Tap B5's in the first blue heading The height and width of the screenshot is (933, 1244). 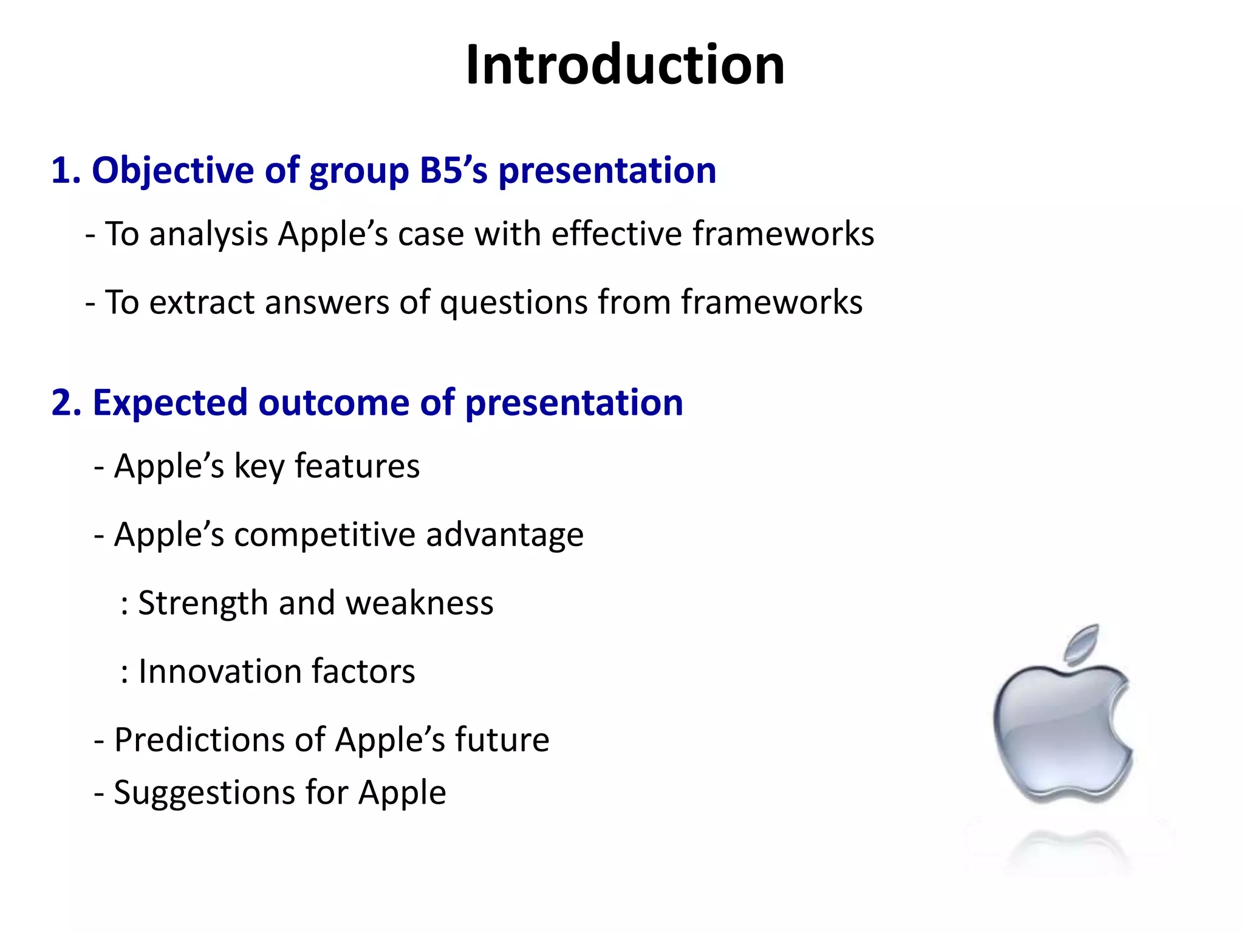[x=453, y=171]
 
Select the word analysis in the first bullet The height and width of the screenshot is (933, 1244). [x=208, y=234]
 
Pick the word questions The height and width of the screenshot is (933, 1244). [x=513, y=302]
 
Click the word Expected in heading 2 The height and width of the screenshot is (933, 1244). [x=170, y=404]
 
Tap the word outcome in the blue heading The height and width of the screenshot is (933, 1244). [x=333, y=403]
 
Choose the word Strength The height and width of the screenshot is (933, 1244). [x=203, y=603]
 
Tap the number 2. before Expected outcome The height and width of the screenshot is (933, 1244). [x=66, y=403]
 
